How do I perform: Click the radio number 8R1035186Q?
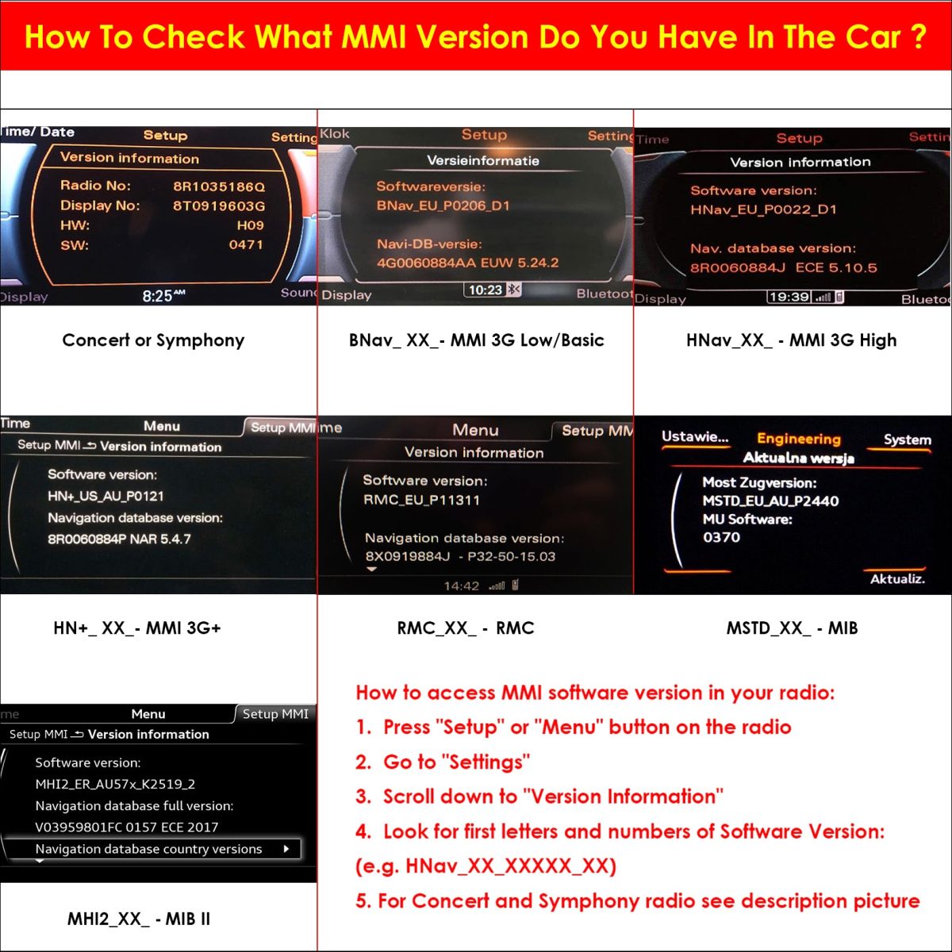pos(219,186)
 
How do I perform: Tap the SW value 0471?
pos(245,244)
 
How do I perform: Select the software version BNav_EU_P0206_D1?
pos(443,205)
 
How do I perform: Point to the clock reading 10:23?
pos(486,290)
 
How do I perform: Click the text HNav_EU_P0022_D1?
pos(763,209)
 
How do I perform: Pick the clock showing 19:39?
pos(789,297)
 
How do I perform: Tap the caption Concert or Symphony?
pos(153,340)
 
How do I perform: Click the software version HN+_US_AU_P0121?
pos(106,496)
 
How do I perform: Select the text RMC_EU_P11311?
pos(421,500)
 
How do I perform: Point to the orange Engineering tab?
pos(798,439)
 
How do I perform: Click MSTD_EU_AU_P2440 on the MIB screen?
pos(770,501)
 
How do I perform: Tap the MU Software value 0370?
pos(721,537)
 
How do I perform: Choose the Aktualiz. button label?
pos(897,579)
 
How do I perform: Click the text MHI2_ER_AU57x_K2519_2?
pos(115,784)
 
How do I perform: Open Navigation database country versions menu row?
pos(152,849)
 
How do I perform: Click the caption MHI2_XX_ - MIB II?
pos(139,919)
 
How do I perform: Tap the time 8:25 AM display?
pos(163,295)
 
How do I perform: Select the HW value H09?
pos(250,225)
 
